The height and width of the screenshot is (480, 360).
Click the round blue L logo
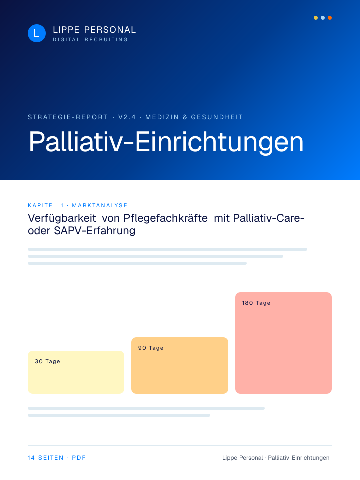36,33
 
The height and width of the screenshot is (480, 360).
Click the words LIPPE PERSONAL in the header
94,30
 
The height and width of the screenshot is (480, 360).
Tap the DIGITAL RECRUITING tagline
90,40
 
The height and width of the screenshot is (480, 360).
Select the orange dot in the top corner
329,18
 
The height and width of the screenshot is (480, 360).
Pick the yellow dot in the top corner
316,18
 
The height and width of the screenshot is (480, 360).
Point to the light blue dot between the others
323,18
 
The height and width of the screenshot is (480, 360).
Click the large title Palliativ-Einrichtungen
166,141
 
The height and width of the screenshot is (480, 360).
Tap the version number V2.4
127,117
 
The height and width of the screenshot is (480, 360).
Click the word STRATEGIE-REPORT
68,117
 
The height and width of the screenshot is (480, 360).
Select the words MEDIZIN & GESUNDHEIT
194,117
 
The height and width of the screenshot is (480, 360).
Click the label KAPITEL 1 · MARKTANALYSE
78,205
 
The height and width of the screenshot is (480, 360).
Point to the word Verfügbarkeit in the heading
62,218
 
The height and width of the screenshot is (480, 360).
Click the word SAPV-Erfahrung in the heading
95,231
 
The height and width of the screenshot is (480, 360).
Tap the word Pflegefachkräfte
165,218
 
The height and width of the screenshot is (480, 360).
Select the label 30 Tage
47,361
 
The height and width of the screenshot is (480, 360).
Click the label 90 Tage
151,348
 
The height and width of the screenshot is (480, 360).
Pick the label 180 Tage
256,303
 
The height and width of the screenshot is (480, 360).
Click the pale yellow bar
76,372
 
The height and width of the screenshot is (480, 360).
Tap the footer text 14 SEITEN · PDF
57,458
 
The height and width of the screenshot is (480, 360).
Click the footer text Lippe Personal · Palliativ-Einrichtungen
276,458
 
